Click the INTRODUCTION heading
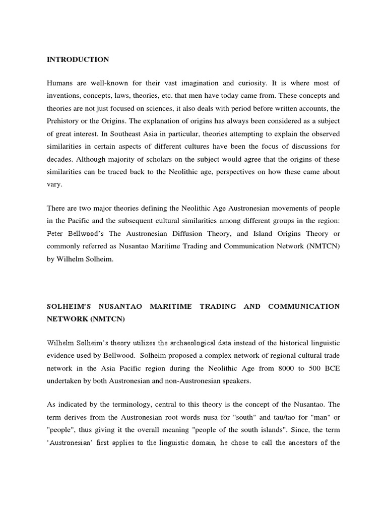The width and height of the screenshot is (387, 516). tap(78, 59)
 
